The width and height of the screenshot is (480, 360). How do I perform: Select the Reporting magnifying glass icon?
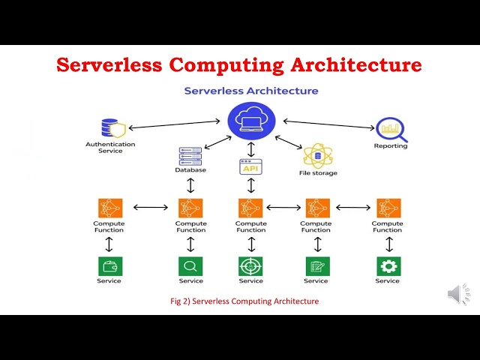[x=391, y=130]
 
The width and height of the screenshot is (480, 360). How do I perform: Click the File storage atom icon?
[x=317, y=155]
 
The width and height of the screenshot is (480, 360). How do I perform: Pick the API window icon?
[x=250, y=166]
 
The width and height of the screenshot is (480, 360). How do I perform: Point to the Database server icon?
[x=190, y=156]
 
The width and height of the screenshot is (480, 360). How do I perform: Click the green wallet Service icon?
[x=109, y=266]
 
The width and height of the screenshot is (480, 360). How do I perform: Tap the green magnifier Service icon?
[x=190, y=266]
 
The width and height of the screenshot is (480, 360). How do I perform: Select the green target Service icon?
[x=250, y=266]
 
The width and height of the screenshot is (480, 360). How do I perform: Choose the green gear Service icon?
[x=388, y=266]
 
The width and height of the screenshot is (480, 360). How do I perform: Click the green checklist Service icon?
[x=316, y=266]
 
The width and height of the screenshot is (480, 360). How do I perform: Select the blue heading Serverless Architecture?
[x=251, y=91]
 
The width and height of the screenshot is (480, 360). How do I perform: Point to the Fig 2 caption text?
[x=245, y=301]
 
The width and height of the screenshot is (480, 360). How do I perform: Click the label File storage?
[x=318, y=173]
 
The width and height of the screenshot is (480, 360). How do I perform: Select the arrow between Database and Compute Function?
[x=190, y=185]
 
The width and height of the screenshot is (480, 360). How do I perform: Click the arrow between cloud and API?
[x=250, y=148]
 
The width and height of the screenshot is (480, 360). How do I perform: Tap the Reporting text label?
[x=391, y=146]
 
